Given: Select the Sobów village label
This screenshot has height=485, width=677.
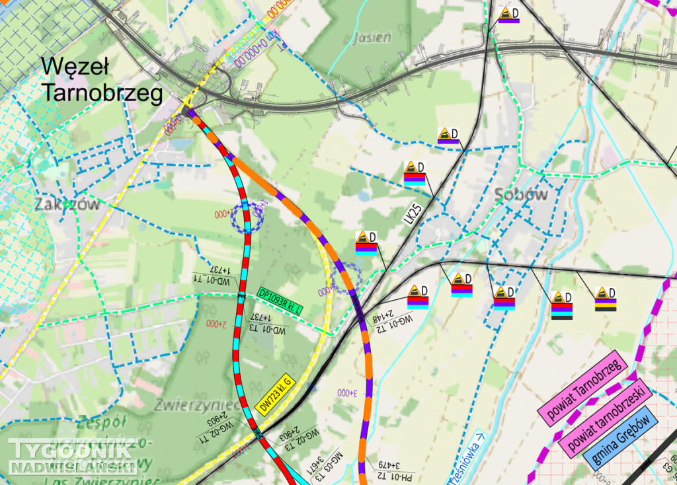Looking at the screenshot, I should point(521,194).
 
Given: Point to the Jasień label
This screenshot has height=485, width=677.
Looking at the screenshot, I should point(372,37).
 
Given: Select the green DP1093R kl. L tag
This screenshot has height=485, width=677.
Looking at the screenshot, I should point(280,301).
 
